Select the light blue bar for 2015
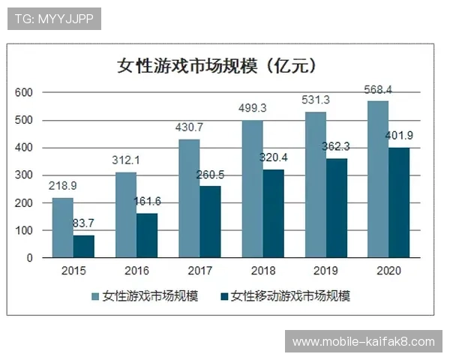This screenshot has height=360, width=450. (63, 227)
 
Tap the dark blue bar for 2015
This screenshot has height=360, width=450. (84, 246)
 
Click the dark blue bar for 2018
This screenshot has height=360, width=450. (273, 213)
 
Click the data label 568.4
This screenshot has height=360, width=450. (379, 91)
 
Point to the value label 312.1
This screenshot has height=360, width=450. (126, 161)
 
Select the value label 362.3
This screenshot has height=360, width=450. (337, 148)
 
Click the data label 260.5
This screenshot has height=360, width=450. (211, 175)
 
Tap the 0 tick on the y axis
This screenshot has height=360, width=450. (29, 258)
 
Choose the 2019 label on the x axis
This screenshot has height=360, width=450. (325, 271)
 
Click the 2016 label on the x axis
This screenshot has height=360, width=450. (136, 271)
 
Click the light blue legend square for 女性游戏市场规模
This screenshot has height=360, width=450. (96, 295)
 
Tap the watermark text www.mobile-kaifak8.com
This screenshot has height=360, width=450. (363, 342)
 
